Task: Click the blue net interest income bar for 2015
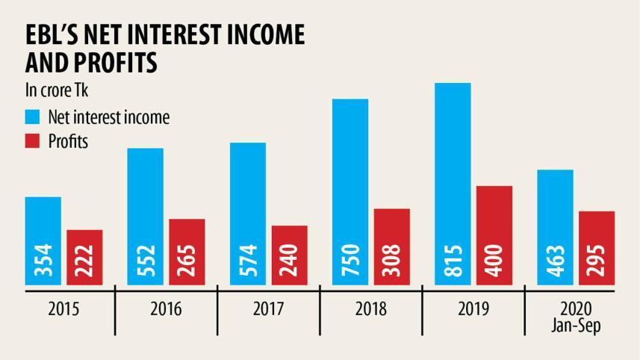pos(43,240)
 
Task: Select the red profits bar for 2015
pos(84,256)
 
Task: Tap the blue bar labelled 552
pos(145,216)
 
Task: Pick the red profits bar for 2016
pos(187,251)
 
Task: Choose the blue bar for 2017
pos(248,213)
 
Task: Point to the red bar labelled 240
pos(289,255)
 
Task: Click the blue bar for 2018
pos(350,191)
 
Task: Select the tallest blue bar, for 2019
pos(453,183)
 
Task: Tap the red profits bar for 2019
pos(494,235)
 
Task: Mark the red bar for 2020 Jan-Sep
pos(597,247)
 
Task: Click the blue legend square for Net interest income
pos(33,117)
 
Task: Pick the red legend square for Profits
pos(33,141)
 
